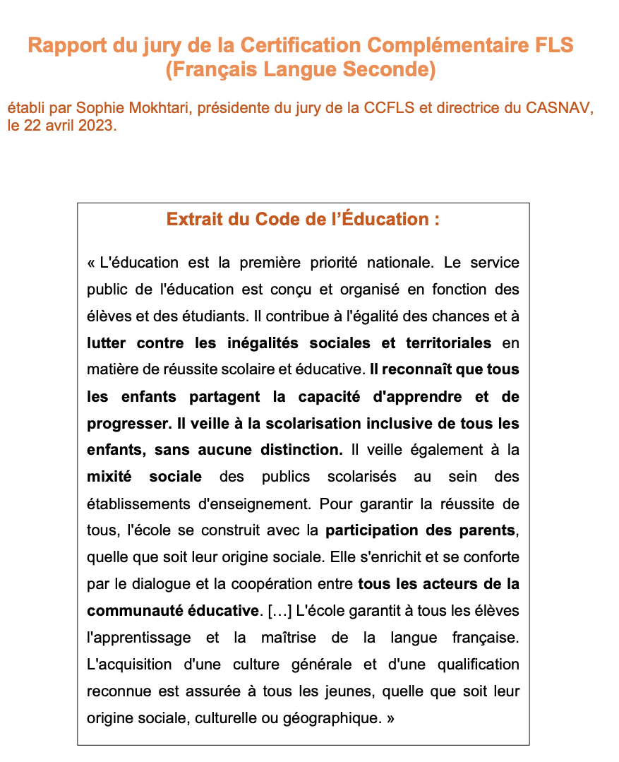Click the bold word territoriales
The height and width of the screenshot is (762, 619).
(x=448, y=343)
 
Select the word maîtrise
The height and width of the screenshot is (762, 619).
(x=282, y=637)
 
